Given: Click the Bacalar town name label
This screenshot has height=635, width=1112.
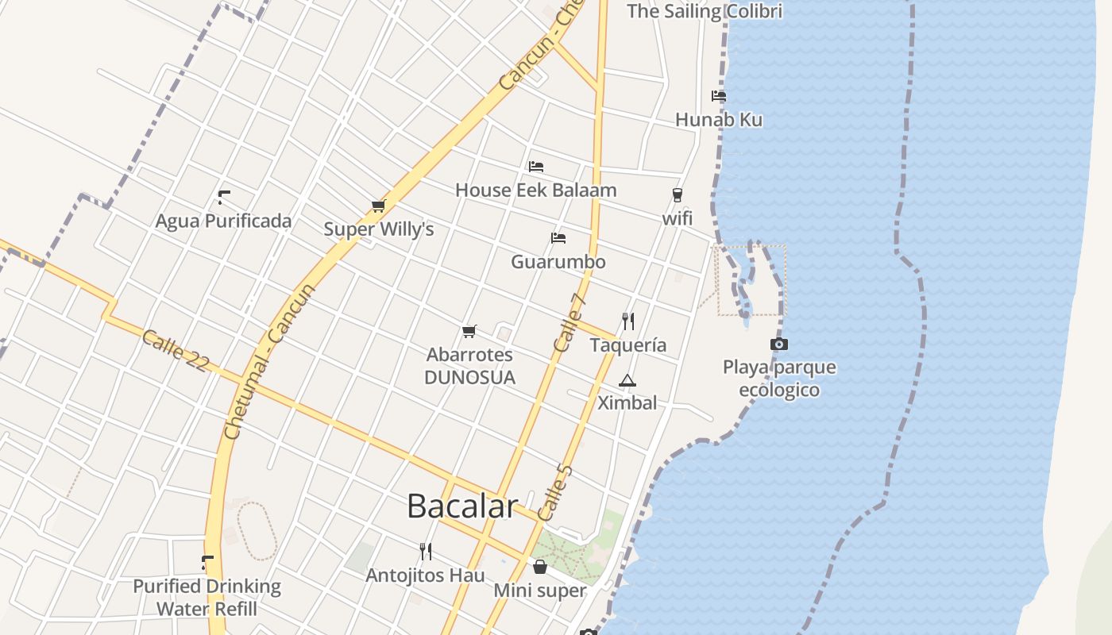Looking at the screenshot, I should coord(462,506).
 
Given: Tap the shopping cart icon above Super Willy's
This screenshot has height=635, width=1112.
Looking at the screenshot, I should coord(378,206).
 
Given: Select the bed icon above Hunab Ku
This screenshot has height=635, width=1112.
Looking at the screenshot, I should coord(719,96).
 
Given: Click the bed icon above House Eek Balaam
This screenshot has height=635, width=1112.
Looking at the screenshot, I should coord(536,167).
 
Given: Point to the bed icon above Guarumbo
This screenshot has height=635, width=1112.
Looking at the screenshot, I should coord(558,238).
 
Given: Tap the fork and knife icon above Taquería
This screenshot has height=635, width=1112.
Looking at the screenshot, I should coord(628,321).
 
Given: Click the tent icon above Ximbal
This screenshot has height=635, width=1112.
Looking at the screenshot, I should coord(627,380).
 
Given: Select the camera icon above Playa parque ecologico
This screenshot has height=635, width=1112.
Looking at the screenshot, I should coord(779,344).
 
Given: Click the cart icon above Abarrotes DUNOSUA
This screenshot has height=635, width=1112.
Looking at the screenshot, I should coord(469,331).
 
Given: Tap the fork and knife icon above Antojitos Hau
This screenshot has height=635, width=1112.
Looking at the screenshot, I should coord(426,551).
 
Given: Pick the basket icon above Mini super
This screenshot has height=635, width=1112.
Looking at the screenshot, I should coord(540,567).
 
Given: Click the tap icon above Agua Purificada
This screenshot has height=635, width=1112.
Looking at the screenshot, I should coord(224,197).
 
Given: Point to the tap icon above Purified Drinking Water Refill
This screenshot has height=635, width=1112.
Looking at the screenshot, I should coord(207,563).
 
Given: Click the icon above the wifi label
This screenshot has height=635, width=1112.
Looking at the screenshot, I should coord(678,194).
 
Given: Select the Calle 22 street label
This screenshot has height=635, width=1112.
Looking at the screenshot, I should coord(176,351).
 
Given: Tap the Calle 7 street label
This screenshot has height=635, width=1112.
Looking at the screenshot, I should coord(570,323).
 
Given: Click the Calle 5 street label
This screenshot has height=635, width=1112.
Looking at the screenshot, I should coord(554,493).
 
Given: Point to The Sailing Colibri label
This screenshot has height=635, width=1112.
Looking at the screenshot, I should coord(705,11).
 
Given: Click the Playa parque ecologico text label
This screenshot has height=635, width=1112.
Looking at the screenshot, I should coord(779,379).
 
